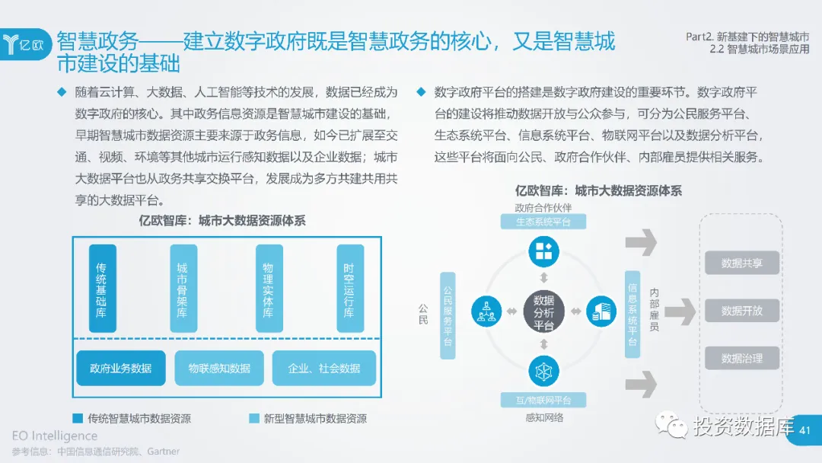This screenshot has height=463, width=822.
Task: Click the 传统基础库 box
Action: coord(102,289)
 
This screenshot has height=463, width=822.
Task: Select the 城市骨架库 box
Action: coord(183,289)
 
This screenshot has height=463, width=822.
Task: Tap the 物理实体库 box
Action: coord(269,289)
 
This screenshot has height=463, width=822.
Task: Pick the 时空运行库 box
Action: coord(349,289)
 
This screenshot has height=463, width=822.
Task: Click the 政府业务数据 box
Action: coord(120,369)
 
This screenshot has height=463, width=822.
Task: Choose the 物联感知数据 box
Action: coord(219,369)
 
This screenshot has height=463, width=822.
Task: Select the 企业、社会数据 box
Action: coord(324,369)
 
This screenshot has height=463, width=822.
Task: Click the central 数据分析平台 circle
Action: coord(543,312)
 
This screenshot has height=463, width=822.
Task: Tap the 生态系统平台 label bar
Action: coord(543,222)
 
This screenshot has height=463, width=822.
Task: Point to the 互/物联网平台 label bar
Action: coord(543,401)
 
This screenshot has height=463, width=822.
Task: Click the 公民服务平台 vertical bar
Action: coord(448,315)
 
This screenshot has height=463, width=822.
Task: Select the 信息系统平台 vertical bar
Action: coord(632,315)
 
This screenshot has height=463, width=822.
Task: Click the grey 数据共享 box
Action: coord(741,263)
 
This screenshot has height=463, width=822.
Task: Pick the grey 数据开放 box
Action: coord(741,311)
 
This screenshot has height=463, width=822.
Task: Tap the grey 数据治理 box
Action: coord(741,359)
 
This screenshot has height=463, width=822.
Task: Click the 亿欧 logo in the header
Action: coord(26,43)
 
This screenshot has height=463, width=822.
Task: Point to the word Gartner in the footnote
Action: coord(164,452)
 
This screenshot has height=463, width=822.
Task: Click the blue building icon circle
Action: coord(601,311)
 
